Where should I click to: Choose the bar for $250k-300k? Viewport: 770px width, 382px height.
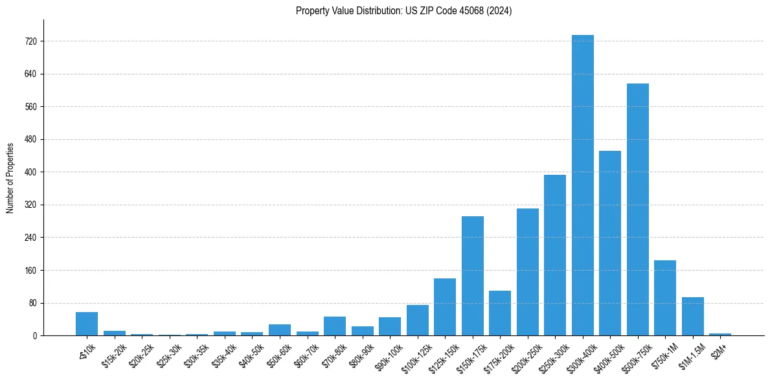555,255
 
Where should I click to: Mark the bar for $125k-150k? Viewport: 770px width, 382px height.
445,307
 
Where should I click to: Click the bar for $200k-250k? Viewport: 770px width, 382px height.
527,272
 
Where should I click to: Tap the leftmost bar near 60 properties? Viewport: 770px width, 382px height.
87,324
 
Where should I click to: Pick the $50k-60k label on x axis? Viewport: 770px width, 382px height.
279,352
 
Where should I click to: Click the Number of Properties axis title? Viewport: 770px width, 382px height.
10,177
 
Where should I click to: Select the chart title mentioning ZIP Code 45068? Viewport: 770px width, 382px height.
403,11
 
